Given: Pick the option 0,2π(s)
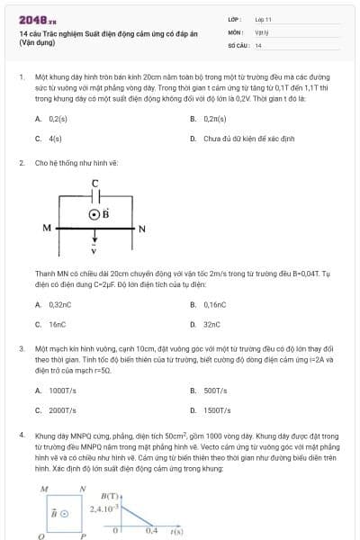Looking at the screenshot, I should coord(214,119).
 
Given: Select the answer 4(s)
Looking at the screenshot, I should coord(55,139).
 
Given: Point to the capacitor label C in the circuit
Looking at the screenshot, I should coord(95,184).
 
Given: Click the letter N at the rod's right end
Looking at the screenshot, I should coord(142,229).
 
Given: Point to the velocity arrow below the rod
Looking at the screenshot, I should coord(94,243).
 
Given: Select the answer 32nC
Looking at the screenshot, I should coord(211,324).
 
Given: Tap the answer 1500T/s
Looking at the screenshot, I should coord(216,410).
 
